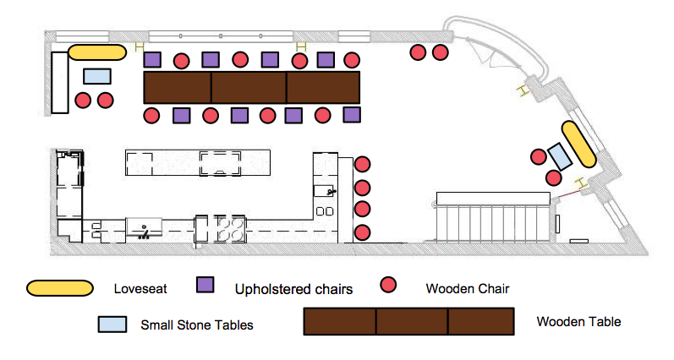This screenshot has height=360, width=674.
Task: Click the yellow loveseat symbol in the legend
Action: pos(59,288)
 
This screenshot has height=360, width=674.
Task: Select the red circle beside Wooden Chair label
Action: pos(390,286)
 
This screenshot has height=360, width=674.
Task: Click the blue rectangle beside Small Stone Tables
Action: pos(113,324)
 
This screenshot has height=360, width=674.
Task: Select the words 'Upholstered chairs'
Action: pos(294,289)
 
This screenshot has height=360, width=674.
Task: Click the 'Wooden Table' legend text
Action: pos(578,322)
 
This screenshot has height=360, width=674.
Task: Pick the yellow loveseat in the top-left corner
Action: pos(97,52)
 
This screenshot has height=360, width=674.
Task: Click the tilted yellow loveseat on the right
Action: pos(578,143)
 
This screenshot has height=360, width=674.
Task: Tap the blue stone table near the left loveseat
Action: pos(97,76)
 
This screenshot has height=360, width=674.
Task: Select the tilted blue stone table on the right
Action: pos(559,155)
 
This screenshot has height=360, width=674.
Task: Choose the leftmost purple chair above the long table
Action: pos(152,60)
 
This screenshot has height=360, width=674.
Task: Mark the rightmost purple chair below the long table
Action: pos(352,115)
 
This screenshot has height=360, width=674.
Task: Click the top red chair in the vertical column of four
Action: pos(363,165)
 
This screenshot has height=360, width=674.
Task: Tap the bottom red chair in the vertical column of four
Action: pos(363,232)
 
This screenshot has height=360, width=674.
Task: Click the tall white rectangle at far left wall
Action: pos(59,81)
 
